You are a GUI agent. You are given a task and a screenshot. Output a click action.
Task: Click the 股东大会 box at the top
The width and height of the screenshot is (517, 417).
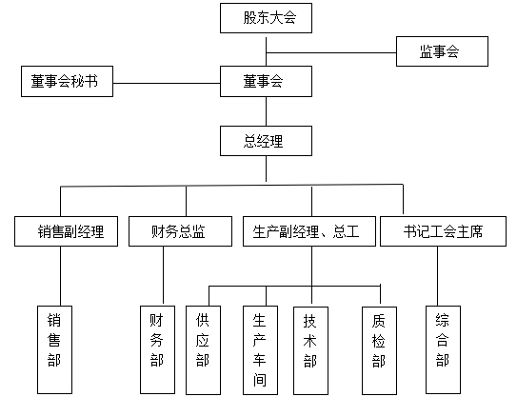[266, 18]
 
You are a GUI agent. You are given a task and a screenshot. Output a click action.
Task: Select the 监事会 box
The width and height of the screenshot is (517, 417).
[442, 51]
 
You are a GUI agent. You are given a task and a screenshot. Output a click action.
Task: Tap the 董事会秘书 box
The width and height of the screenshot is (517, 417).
[67, 82]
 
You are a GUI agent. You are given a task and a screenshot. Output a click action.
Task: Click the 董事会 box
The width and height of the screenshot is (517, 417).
[266, 82]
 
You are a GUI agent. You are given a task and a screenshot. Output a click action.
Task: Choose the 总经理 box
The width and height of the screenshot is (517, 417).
[266, 142]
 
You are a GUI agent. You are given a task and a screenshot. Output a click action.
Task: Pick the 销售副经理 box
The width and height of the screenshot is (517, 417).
[66, 231]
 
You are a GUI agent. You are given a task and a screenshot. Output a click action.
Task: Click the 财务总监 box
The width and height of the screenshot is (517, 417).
[180, 231]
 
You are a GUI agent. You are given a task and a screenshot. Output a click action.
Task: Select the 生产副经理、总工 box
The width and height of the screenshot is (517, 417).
[308, 231]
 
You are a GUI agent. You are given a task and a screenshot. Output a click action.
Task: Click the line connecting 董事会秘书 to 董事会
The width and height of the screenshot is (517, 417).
[167, 82]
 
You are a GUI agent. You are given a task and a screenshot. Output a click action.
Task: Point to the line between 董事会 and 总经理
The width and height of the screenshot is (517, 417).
[266, 111]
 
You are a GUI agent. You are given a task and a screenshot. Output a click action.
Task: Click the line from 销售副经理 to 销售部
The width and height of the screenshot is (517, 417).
[61, 276]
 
